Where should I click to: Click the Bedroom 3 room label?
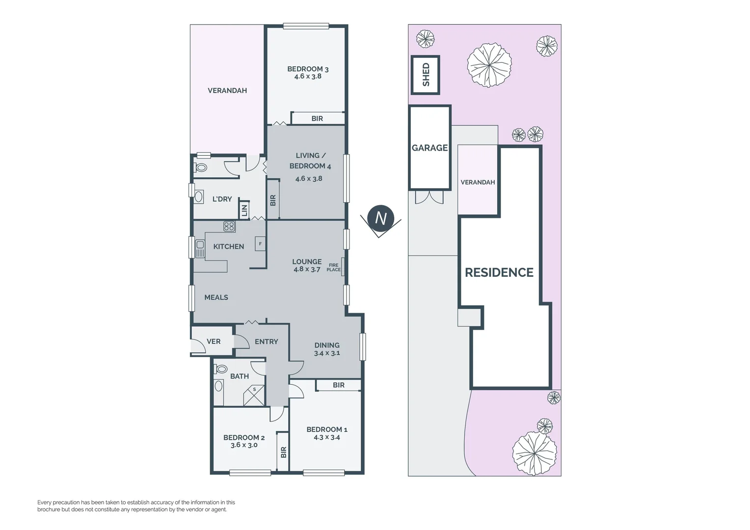pyautogui.click(x=308, y=69)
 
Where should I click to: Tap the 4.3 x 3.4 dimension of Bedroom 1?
pyautogui.click(x=326, y=437)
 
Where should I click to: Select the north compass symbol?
pyautogui.click(x=380, y=218)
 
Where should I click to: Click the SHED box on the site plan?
pyautogui.click(x=425, y=75)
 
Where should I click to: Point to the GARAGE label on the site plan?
pyautogui.click(x=429, y=148)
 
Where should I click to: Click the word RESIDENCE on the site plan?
pyautogui.click(x=499, y=272)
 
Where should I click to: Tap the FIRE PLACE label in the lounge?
pyautogui.click(x=333, y=267)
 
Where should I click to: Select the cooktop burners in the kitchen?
pyautogui.click(x=229, y=226)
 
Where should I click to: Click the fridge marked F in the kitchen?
pyautogui.click(x=260, y=244)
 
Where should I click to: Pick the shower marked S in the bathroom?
pyautogui.click(x=254, y=395)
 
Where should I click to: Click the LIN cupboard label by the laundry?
pyautogui.click(x=244, y=210)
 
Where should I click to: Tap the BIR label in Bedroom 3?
pyautogui.click(x=317, y=119)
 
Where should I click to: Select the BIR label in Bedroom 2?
pyautogui.click(x=283, y=452)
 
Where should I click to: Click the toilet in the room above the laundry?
pyautogui.click(x=201, y=168)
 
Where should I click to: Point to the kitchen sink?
pyautogui.click(x=200, y=248)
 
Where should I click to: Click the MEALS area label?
pyautogui.click(x=216, y=297)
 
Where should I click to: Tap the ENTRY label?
pyautogui.click(x=266, y=342)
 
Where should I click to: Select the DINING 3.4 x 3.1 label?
pyautogui.click(x=327, y=349)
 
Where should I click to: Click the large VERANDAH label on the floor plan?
pyautogui.click(x=227, y=91)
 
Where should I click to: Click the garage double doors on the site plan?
pyautogui.click(x=429, y=197)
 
